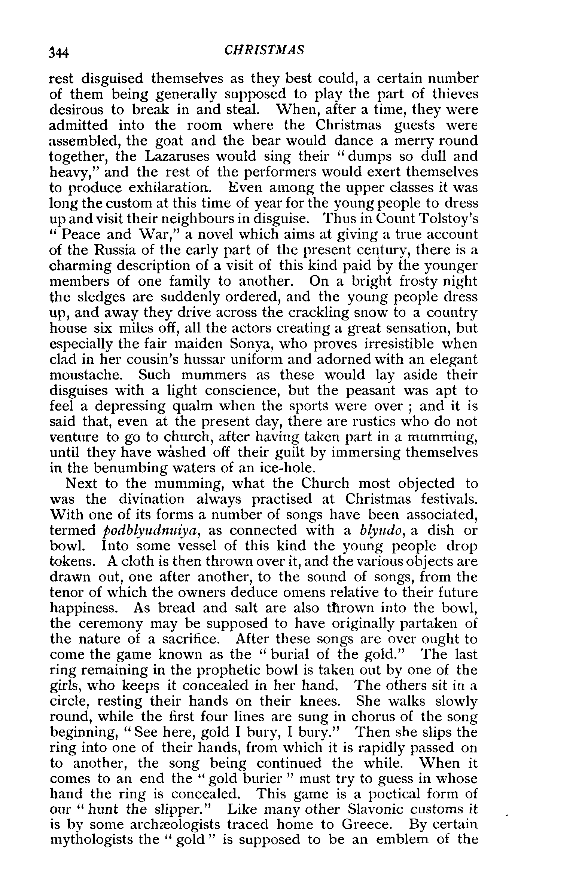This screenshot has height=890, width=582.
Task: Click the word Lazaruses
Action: (174, 156)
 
